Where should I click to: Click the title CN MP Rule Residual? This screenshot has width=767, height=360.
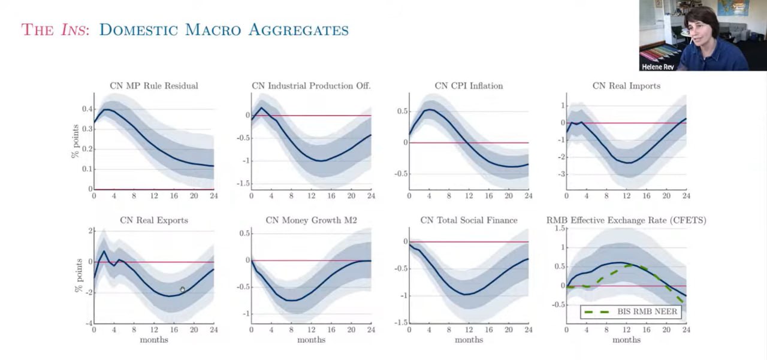point(153,86)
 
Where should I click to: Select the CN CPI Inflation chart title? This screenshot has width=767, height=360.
point(469,86)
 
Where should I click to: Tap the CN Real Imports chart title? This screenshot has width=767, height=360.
point(626,86)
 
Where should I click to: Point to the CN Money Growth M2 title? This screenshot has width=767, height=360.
point(311,220)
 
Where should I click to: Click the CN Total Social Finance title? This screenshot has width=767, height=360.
point(469,220)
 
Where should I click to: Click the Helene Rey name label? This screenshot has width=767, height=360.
point(657,66)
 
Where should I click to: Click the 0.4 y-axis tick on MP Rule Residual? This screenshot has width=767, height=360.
point(87,109)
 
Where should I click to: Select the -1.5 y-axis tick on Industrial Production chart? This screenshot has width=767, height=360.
point(243,184)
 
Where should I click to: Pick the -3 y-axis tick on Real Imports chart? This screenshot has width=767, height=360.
point(560,174)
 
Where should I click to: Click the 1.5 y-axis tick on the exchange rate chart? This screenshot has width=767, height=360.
point(560,229)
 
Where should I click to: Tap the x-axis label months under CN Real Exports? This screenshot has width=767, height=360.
point(153,340)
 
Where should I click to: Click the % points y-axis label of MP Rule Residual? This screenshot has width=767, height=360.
point(76,142)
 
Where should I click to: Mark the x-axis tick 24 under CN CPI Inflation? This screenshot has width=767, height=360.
point(528,196)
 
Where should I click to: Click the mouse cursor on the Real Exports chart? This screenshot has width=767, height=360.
point(182,290)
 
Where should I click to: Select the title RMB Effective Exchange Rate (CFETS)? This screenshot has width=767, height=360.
point(626,220)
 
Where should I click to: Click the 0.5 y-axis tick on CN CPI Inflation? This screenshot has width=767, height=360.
point(401,111)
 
